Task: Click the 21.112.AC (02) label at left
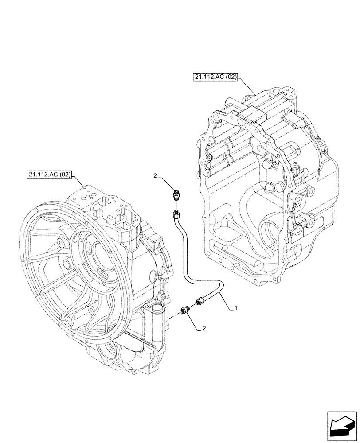(49, 175)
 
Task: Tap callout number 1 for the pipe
(236, 307)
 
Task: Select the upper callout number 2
(155, 176)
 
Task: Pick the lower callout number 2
(203, 328)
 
